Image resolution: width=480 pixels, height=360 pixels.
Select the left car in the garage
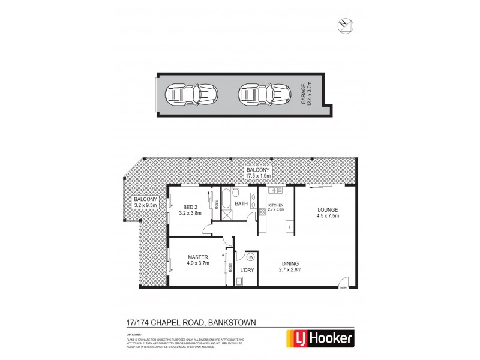click(x=186, y=95)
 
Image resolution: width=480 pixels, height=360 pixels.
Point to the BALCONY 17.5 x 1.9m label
click(x=259, y=174)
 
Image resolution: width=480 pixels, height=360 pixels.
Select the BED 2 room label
click(x=192, y=210)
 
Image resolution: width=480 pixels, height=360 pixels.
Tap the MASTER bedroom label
click(x=197, y=260)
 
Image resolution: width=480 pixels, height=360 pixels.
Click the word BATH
click(x=241, y=204)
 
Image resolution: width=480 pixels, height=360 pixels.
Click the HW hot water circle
click(x=250, y=257)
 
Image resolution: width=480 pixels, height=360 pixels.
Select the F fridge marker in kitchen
click(x=290, y=227)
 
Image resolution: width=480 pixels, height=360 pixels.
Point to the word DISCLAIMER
click(x=134, y=331)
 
